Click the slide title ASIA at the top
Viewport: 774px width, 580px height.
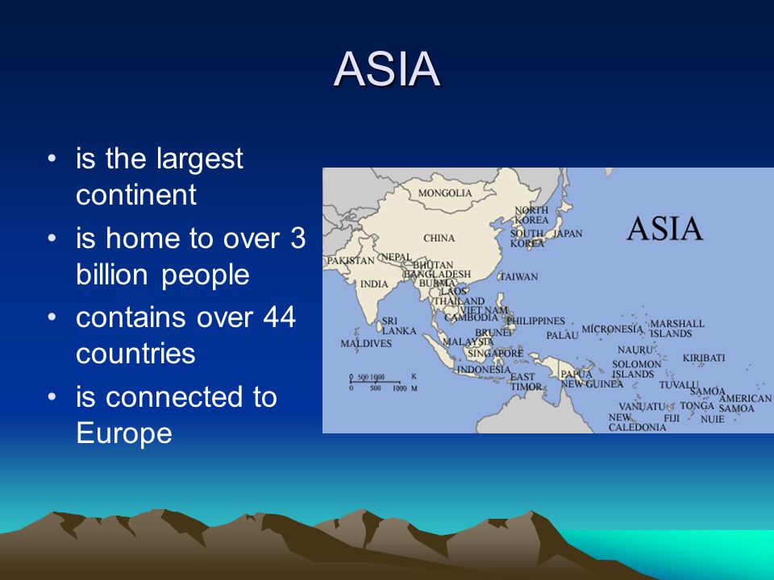click(386, 68)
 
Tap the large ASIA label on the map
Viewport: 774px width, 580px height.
click(664, 229)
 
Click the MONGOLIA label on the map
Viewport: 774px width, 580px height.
click(445, 193)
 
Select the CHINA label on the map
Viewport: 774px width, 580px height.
click(439, 238)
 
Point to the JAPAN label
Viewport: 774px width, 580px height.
click(567, 234)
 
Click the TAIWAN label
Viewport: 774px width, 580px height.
click(518, 276)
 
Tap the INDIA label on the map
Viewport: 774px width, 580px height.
click(374, 284)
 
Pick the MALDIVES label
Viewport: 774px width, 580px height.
click(366, 343)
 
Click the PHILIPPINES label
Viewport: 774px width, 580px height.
click(536, 321)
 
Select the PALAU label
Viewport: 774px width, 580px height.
click(562, 335)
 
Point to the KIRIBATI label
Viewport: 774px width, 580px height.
click(704, 358)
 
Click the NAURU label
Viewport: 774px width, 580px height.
click(635, 350)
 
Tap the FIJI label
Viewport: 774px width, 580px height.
click(672, 418)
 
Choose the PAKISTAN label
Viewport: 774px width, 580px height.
click(351, 260)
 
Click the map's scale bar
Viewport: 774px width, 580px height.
click(375, 382)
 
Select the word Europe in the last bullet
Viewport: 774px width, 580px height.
click(124, 433)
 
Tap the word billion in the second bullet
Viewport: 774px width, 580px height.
click(112, 274)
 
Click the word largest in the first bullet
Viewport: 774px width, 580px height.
click(200, 159)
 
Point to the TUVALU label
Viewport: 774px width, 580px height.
click(679, 385)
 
